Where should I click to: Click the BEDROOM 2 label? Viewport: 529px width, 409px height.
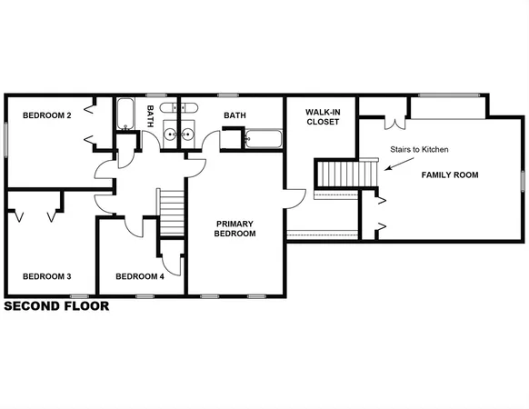(x=47, y=115)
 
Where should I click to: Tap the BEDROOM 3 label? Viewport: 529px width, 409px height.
(x=47, y=276)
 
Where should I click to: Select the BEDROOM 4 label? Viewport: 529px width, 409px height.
(x=140, y=276)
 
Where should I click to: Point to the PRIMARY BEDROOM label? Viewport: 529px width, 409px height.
(x=235, y=228)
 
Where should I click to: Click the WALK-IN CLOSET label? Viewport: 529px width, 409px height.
(x=322, y=115)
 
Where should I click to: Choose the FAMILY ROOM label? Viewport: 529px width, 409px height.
(x=449, y=175)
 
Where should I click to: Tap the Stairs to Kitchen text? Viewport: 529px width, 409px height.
(x=419, y=149)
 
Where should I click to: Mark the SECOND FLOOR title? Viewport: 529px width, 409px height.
(x=56, y=306)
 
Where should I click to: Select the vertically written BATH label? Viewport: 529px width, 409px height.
(x=151, y=115)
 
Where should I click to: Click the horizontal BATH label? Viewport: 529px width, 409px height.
(x=235, y=115)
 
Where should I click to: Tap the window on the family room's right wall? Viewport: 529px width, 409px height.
(x=523, y=180)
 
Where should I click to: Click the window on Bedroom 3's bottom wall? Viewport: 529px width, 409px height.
(x=79, y=295)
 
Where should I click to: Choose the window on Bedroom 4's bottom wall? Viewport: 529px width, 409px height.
(x=143, y=295)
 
